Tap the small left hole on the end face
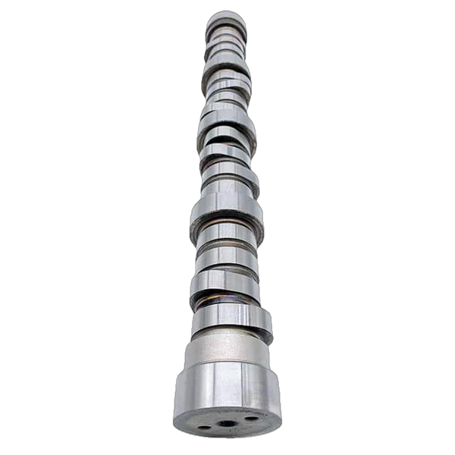coord(206,427)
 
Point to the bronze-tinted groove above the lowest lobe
coord(227,304)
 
